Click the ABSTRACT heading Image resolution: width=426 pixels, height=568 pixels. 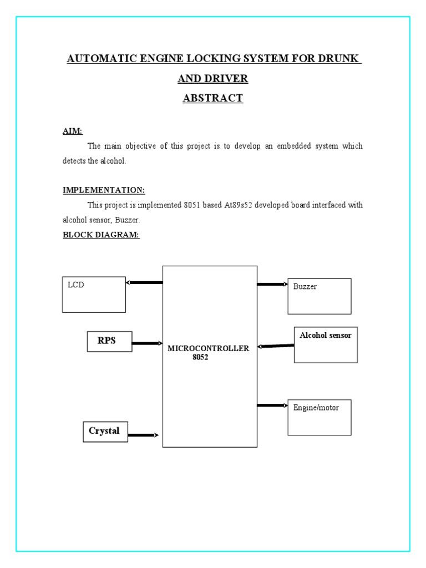coord(213,98)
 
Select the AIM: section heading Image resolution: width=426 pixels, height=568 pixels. coord(72,131)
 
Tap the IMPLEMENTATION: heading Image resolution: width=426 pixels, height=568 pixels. coord(104,190)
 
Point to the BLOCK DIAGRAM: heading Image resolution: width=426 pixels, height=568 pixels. coord(101,235)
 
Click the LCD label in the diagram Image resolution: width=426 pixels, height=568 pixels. coord(76,285)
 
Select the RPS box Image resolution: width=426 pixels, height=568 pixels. coord(109,341)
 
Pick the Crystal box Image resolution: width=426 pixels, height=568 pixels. coord(105,431)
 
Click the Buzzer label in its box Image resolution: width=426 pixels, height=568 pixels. coord(305,287)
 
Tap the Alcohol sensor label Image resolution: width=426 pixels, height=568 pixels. coord(326,336)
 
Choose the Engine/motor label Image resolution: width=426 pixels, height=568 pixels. coord(316,408)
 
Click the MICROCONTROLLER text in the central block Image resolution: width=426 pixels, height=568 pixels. coord(209,348)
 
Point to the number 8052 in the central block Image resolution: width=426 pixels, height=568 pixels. coord(200,357)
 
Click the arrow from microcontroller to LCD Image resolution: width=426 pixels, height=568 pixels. coord(144,283)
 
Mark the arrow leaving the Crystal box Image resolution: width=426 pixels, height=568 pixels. coord(143,435)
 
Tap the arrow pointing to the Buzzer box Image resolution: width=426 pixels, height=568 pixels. coord(272,285)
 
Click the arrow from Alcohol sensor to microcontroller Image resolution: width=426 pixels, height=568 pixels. coord(276,346)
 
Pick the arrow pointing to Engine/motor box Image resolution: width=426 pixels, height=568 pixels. coord(272,405)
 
